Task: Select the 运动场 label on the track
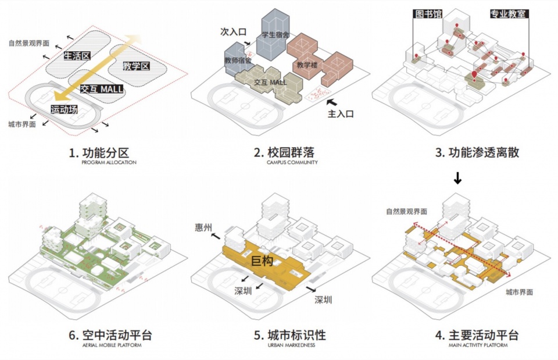coord(63,109)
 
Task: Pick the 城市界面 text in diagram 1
coord(22,124)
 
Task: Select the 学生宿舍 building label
coord(276,35)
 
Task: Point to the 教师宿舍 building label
coord(237,60)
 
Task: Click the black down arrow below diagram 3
coord(458,177)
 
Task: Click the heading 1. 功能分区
coord(98,153)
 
